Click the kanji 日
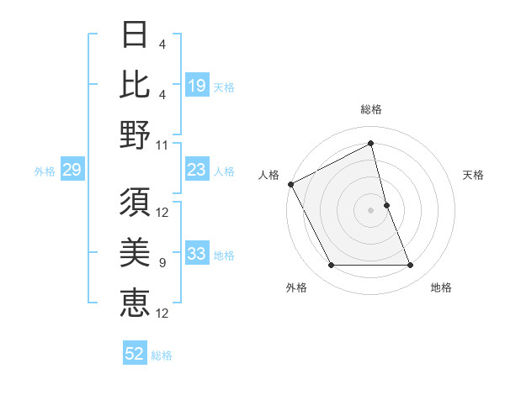pyautogui.click(x=136, y=36)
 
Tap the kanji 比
pyautogui.click(x=136, y=84)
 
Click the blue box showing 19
pyautogui.click(x=197, y=85)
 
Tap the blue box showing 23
pyautogui.click(x=197, y=171)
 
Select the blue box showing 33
pyautogui.click(x=197, y=254)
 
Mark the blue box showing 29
pyautogui.click(x=72, y=171)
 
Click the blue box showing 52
pyautogui.click(x=135, y=354)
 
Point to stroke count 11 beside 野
pyautogui.click(x=162, y=145)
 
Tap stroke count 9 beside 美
pyautogui.click(x=162, y=263)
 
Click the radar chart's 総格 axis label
pyautogui.click(x=371, y=109)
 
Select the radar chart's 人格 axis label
pyautogui.click(x=269, y=175)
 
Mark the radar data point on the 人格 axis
pyautogui.click(x=290, y=183)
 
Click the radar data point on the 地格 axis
pyautogui.click(x=411, y=266)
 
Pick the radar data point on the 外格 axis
pyautogui.click(x=331, y=266)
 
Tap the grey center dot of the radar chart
pyautogui.click(x=371, y=209)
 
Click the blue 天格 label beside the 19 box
pyautogui.click(x=225, y=87)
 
